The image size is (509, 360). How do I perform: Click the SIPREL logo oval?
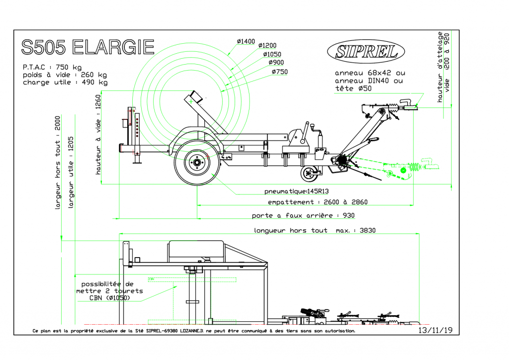366,50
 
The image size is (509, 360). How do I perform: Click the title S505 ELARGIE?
88,47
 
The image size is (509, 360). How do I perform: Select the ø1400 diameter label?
246,41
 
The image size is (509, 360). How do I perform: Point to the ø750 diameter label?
280,72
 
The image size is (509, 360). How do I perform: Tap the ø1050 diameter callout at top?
272,54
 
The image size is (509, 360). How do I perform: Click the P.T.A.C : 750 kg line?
53,67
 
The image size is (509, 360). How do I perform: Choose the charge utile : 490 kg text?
65,83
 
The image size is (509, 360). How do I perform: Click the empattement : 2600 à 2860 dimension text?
318,202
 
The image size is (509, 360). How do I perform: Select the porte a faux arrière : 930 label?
303,216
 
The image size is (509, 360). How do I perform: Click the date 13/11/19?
435,330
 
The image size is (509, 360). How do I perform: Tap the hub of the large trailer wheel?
197,162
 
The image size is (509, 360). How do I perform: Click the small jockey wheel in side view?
309,174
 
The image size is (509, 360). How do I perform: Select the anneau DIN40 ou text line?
369,81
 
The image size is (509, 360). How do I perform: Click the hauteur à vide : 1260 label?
98,135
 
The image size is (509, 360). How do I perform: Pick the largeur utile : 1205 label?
71,172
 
